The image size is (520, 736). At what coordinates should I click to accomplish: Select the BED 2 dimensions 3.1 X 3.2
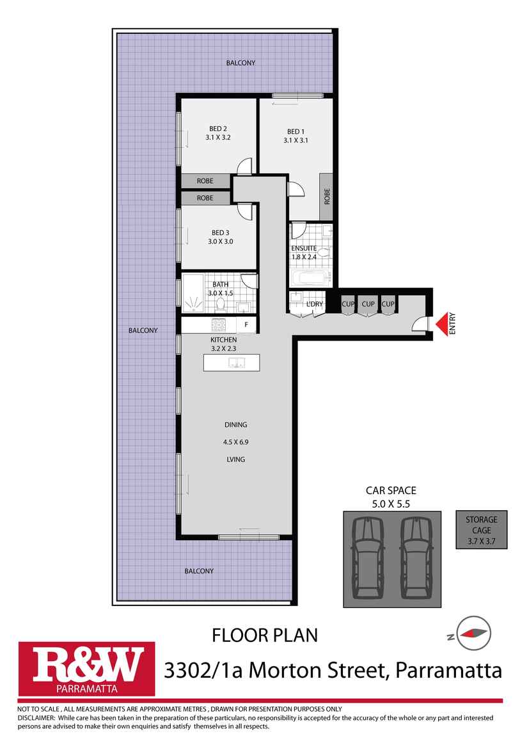[217, 137]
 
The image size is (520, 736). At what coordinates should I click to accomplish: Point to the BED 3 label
[220, 232]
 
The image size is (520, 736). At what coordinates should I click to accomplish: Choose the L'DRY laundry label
[314, 304]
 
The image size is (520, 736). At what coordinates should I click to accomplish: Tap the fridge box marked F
[246, 325]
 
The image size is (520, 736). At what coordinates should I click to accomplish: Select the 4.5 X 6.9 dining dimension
[235, 442]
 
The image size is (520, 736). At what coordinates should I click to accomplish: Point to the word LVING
[235, 460]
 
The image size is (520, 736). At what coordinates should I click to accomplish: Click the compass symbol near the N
[473, 633]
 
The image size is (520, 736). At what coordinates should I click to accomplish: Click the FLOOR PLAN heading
[264, 636]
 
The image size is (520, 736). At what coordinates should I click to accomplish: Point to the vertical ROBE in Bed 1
[326, 196]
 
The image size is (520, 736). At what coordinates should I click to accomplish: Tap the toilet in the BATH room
[221, 303]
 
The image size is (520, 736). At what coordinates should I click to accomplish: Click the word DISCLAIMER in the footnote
[36, 717]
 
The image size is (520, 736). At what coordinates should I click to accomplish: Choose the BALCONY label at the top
[240, 63]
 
